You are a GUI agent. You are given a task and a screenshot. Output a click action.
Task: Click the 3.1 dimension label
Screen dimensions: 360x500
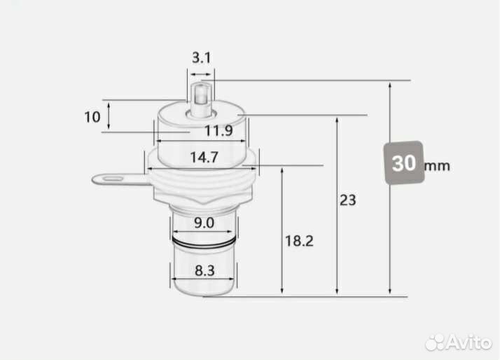click(x=201, y=58)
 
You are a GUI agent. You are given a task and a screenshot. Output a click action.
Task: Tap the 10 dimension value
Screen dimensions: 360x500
click(x=92, y=116)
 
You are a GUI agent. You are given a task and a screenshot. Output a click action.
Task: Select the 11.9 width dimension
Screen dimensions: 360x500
click(x=218, y=130)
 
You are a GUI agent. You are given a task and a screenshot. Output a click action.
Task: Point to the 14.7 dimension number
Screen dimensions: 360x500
click(x=202, y=158)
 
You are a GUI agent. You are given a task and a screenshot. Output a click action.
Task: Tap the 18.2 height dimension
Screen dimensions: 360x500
click(x=299, y=241)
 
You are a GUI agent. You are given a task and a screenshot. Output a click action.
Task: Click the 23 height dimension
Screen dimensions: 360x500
click(x=347, y=200)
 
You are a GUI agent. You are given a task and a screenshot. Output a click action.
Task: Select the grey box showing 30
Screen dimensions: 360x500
click(x=403, y=164)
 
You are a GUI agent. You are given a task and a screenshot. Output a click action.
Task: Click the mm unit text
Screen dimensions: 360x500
click(x=437, y=166)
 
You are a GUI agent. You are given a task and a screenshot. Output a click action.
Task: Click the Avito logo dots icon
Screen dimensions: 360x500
click(x=436, y=342)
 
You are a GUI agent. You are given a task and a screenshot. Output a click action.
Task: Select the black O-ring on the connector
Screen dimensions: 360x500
click(x=202, y=242)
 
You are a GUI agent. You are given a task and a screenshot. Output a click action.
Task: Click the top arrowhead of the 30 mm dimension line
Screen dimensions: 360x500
click(x=391, y=83)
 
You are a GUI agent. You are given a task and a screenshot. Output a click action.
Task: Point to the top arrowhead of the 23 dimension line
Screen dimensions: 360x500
click(x=338, y=118)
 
